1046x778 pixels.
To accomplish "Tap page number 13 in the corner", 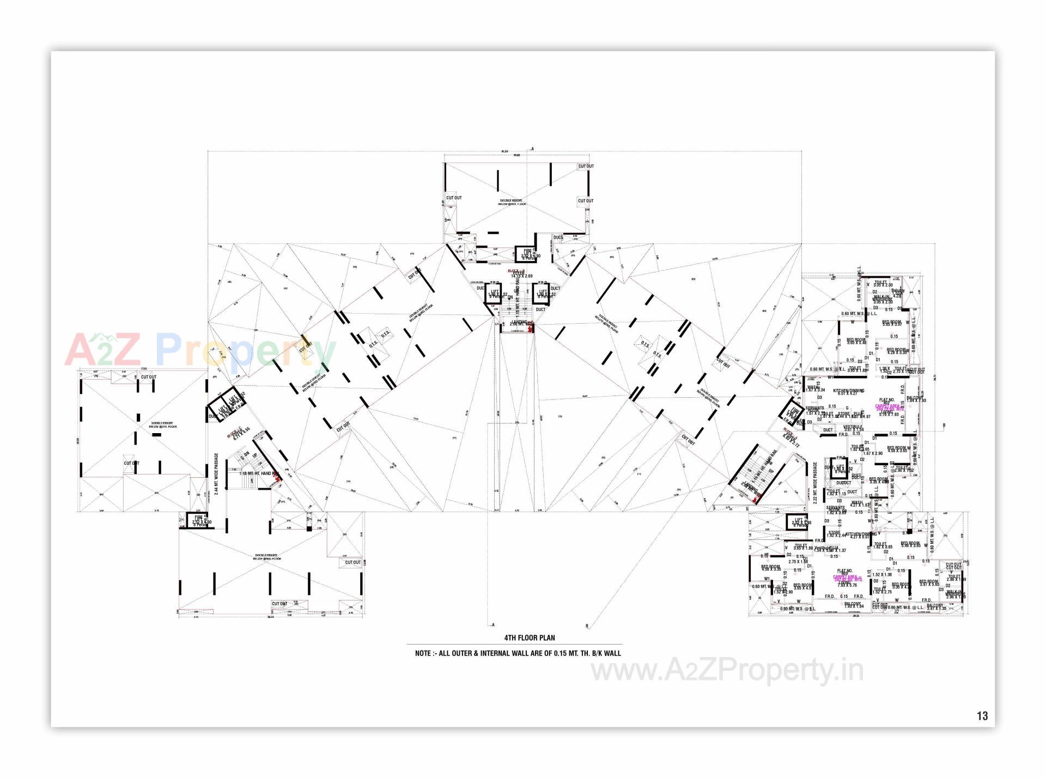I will pos(982,716).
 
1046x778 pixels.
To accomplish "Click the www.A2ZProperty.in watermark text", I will pos(727,671).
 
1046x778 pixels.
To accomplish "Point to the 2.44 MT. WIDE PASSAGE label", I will pos(216,473).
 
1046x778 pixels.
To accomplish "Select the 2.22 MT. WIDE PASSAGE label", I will pos(816,483).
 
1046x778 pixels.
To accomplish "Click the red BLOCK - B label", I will pos(516,271).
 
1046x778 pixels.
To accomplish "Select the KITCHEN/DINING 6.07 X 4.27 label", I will pos(848,392).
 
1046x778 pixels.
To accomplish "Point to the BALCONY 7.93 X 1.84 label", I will pos(853,605).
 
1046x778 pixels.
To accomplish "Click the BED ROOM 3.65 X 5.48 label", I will pos(856,341).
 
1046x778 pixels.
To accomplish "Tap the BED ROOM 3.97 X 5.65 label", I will pos(929,582).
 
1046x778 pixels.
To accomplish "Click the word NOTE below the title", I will pos(423,653).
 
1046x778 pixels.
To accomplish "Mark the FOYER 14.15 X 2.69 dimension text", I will pos(521,276).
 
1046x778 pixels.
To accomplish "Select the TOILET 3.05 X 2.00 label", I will pos(883,283).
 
